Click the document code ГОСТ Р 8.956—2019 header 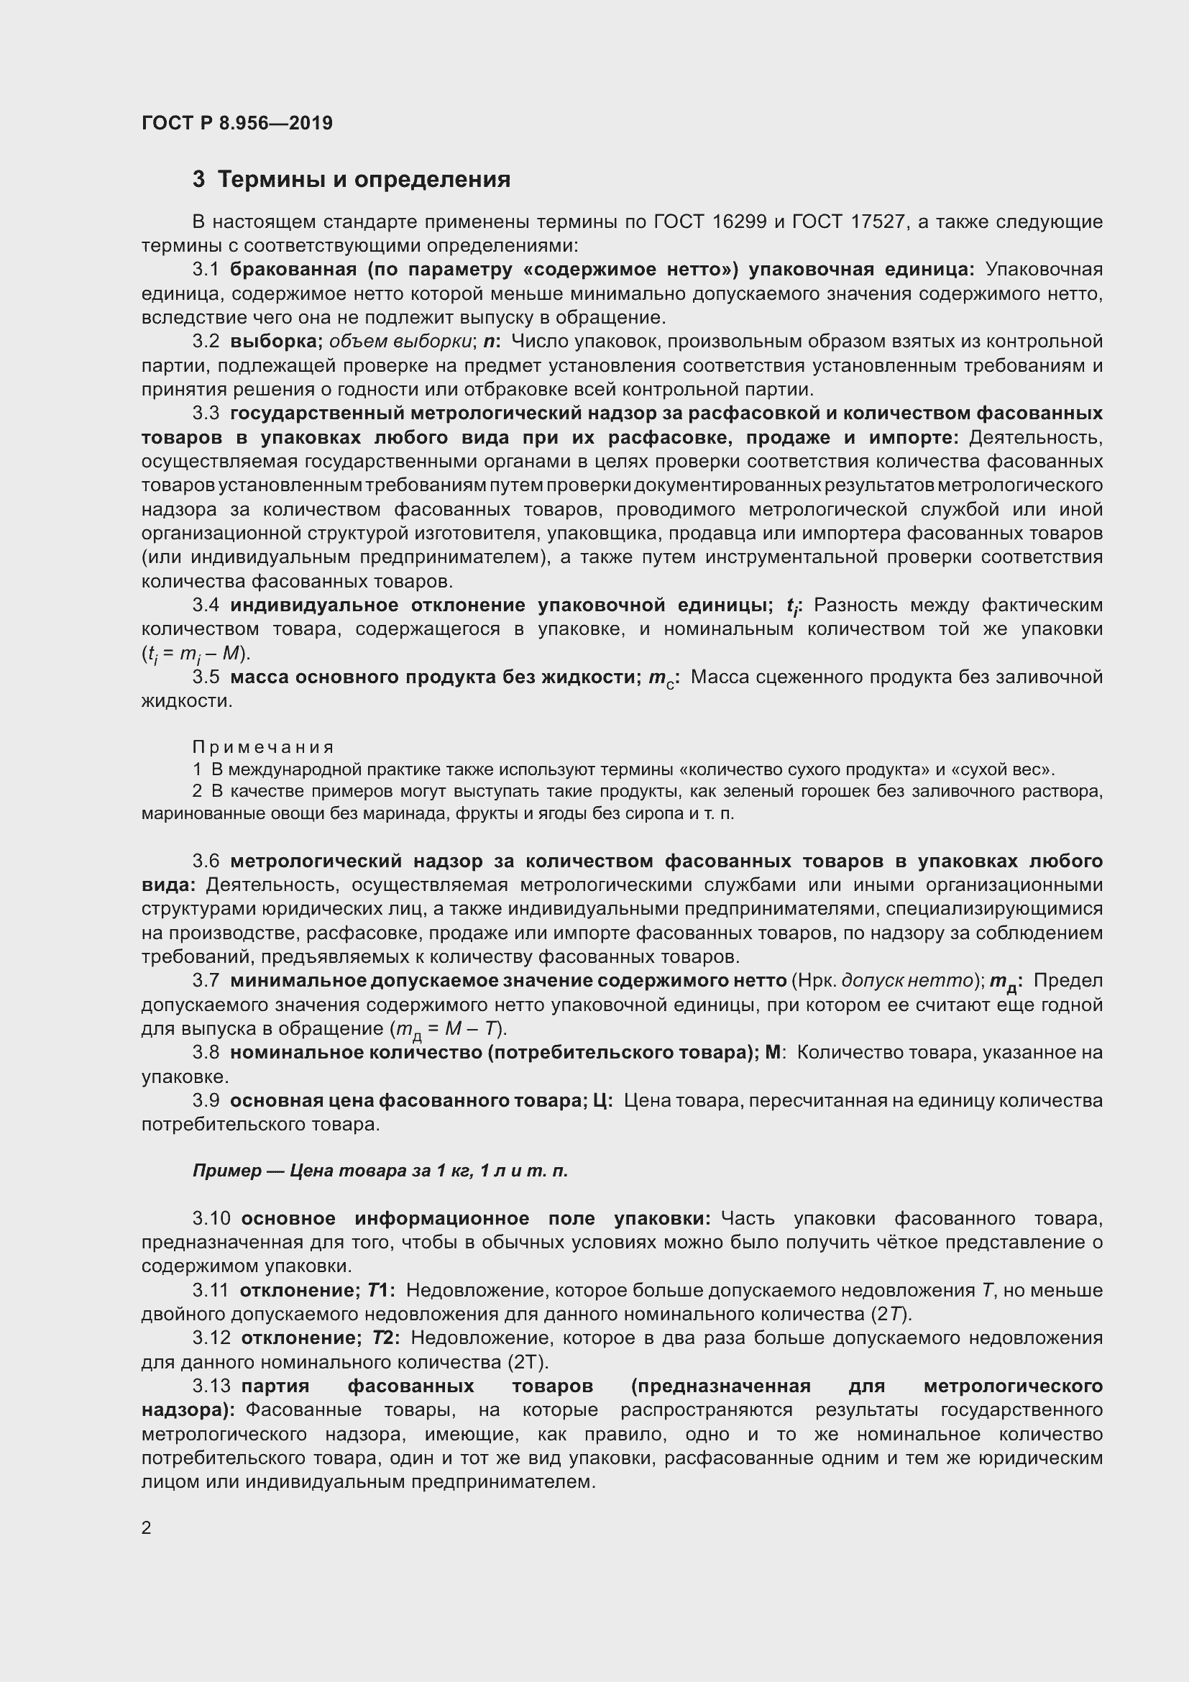(237, 123)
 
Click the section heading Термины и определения (364, 180)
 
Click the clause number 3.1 (206, 270)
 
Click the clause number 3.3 (206, 413)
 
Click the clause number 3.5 (206, 677)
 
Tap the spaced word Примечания (263, 747)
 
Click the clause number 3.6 (206, 861)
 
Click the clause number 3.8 (206, 1053)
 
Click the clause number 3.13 (211, 1386)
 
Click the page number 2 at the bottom (147, 1527)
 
